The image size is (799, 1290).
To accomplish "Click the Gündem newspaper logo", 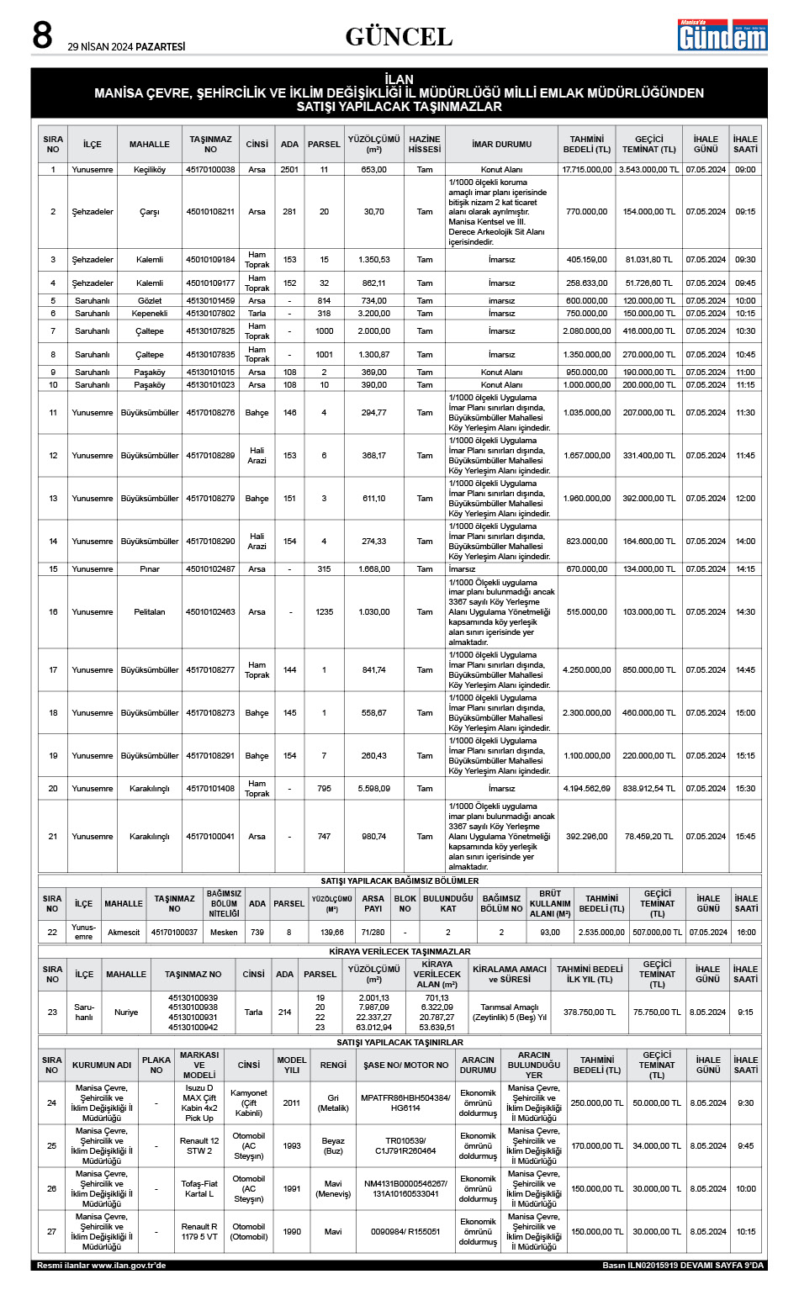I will (722, 35).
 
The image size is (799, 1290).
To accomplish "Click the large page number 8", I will (42, 35).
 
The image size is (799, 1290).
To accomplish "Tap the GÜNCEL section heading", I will (399, 37).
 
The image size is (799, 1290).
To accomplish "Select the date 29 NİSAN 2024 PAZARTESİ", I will (126, 47).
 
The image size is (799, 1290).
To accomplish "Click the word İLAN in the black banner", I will (399, 79).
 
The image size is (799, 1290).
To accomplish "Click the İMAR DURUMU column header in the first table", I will (501, 145).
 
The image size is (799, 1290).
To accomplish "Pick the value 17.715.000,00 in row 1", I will (587, 170).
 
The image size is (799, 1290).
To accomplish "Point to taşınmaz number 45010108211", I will (210, 212).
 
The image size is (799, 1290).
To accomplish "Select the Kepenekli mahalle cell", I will (150, 314).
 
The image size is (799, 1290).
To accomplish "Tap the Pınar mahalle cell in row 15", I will (150, 569).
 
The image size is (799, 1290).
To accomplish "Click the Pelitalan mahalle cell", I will (150, 612).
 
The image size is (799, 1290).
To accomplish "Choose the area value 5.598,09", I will (373, 789).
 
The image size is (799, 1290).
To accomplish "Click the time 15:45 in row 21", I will (745, 837).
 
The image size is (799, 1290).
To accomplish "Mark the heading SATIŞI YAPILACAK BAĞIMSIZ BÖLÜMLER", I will (399, 881).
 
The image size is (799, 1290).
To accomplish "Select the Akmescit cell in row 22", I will (124, 933).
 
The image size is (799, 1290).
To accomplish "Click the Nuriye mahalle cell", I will (126, 1012).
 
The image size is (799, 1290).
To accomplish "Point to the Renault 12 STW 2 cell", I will (199, 1146).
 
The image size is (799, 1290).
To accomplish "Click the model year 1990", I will (292, 1232).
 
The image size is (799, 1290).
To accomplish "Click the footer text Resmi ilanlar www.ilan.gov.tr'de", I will (101, 1266).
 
